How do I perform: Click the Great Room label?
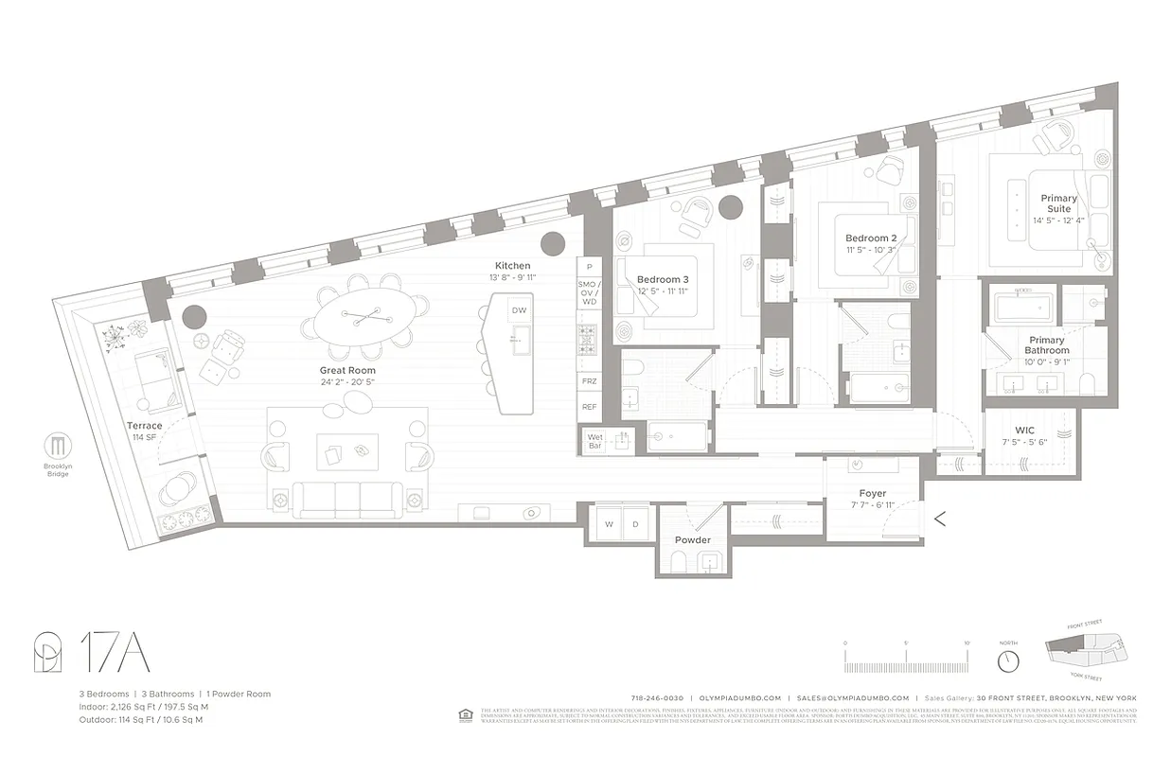(x=347, y=370)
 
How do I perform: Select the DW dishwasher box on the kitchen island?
(x=519, y=310)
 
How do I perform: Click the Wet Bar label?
(x=594, y=440)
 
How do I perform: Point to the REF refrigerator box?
(x=589, y=406)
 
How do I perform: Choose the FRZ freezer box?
(x=589, y=380)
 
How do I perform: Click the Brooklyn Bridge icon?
(x=58, y=446)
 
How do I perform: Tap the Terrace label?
(x=145, y=426)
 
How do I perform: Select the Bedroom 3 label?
(x=663, y=279)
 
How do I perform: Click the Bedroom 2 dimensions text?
(x=871, y=250)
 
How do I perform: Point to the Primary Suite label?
(x=1058, y=203)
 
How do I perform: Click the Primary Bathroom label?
(x=1046, y=345)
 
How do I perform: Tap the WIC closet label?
(x=1024, y=430)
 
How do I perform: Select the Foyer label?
(x=872, y=493)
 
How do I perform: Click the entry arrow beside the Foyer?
(x=940, y=518)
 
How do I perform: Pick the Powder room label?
(x=692, y=540)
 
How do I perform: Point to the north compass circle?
(x=1009, y=660)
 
